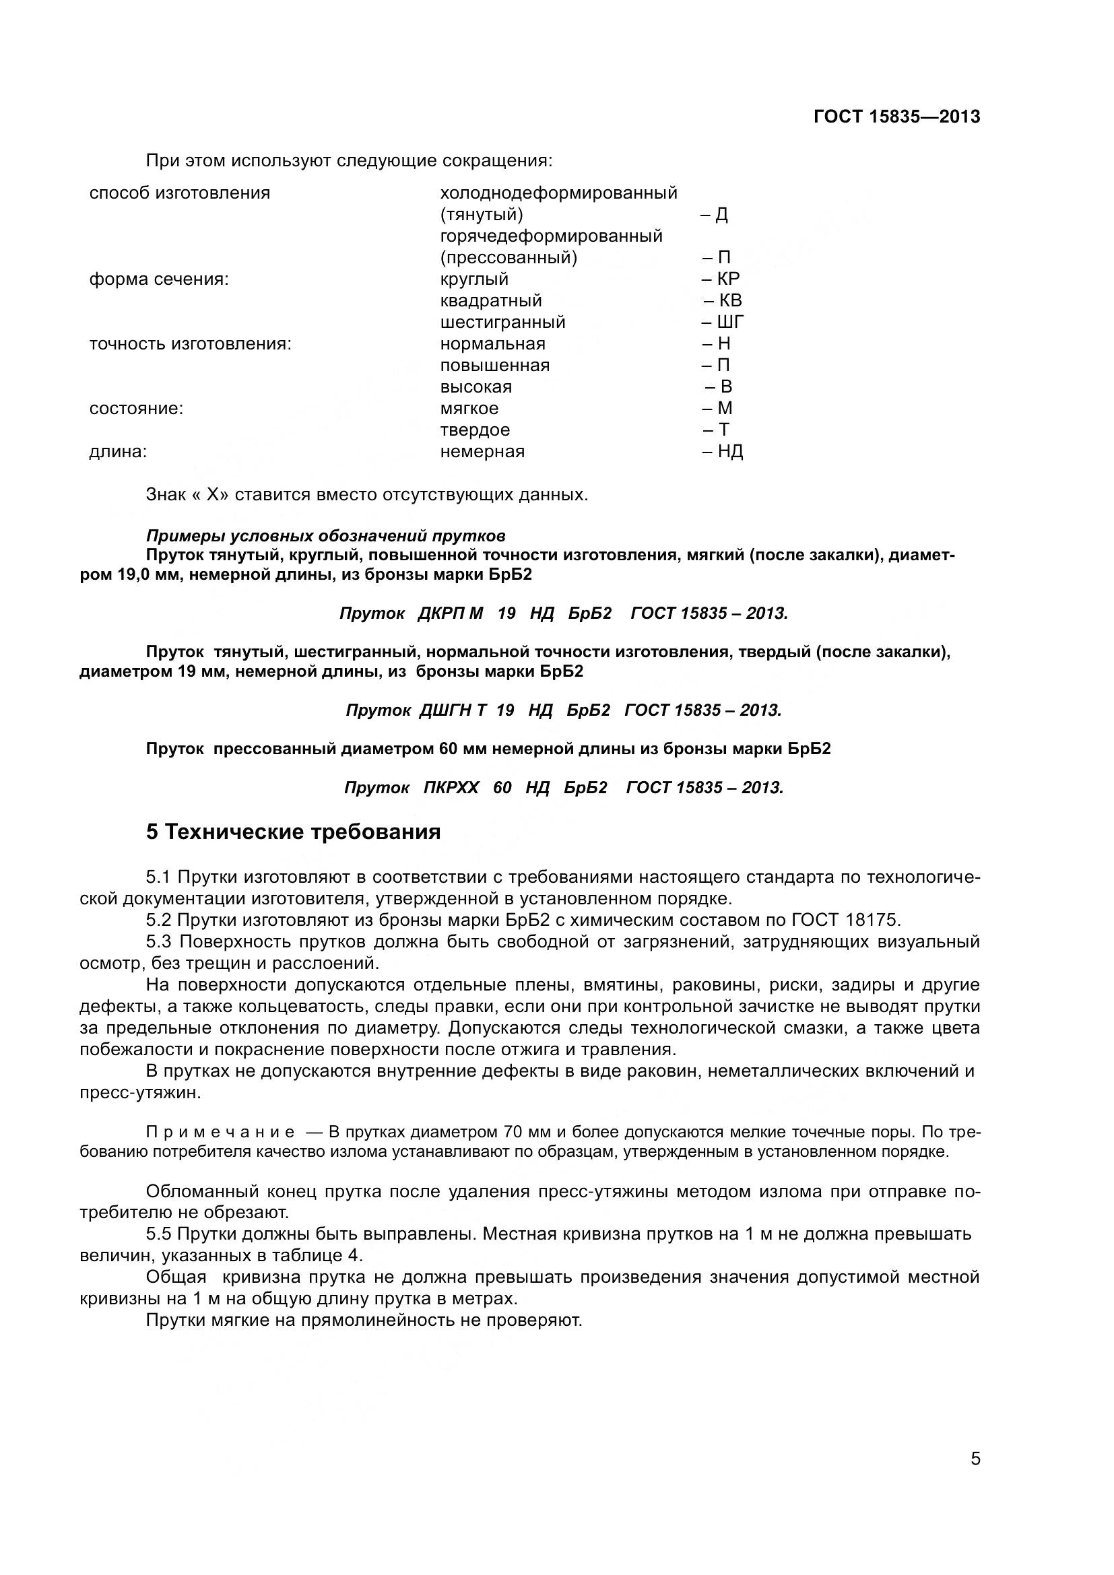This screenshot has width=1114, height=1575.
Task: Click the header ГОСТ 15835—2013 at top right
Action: tap(896, 116)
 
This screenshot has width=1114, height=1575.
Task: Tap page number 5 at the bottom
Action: tap(975, 1477)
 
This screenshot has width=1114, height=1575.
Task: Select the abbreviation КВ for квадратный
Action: tap(729, 300)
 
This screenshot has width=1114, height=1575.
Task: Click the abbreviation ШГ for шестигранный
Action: tap(731, 322)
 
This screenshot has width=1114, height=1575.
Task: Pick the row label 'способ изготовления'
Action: tap(180, 193)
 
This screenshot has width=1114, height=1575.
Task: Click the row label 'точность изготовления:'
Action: tap(191, 343)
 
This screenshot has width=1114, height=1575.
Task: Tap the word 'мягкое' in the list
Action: tap(469, 408)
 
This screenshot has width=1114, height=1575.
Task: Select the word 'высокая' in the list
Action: tap(476, 387)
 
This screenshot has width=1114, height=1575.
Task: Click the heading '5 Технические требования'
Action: tap(293, 832)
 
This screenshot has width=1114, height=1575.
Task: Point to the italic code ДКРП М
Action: tap(450, 613)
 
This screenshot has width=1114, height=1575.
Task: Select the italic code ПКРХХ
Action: tap(451, 788)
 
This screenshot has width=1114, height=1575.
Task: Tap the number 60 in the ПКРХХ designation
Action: tap(502, 788)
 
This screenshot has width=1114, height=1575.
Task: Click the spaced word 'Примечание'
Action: tap(220, 1132)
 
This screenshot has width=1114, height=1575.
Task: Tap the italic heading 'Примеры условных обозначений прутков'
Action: tap(326, 535)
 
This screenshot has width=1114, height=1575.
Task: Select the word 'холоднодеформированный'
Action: tap(558, 193)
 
